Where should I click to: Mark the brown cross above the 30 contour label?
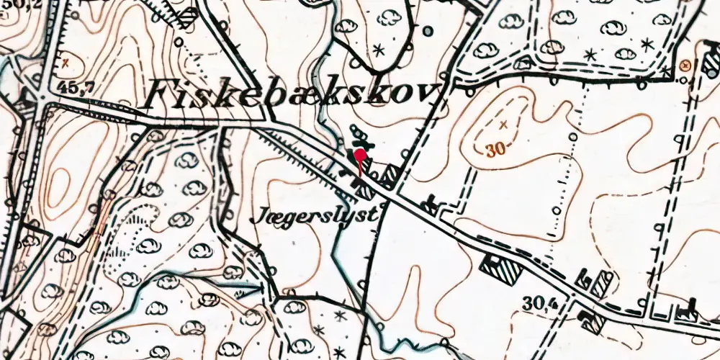tap(503, 125)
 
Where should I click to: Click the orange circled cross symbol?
tap(685, 66)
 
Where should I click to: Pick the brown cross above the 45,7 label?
tap(66, 63)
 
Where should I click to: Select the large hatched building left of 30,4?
tap(503, 269)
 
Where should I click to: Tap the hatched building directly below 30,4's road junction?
tap(593, 322)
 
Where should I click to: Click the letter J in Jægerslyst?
tap(260, 215)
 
